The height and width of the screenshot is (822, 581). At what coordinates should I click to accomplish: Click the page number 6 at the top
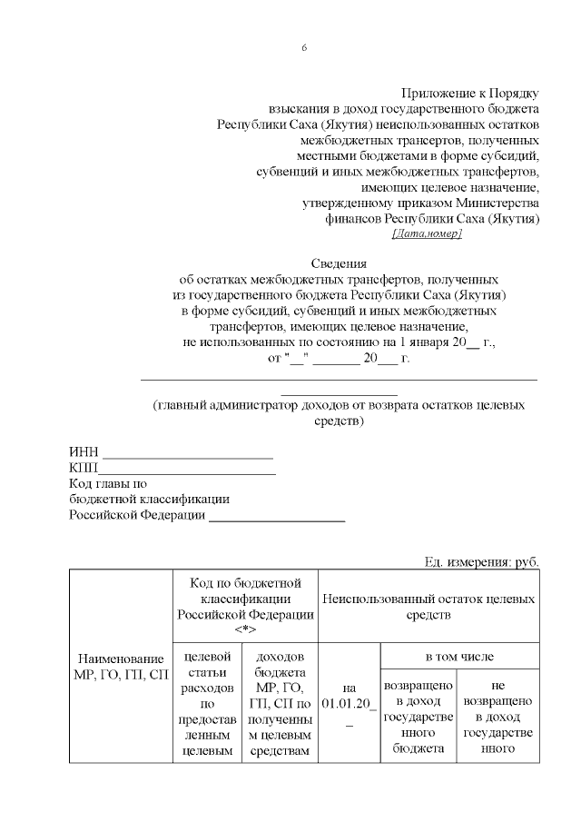pyautogui.click(x=304, y=47)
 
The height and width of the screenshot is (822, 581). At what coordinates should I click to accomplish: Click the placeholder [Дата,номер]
pyautogui.click(x=426, y=234)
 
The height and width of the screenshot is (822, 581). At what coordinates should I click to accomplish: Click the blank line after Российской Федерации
pyautogui.click(x=277, y=520)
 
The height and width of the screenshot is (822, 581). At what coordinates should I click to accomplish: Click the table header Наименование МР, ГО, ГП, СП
pyautogui.click(x=122, y=666)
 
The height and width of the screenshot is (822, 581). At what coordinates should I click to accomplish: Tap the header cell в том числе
pyautogui.click(x=460, y=656)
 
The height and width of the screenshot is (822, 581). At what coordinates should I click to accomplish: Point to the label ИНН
pyautogui.click(x=84, y=452)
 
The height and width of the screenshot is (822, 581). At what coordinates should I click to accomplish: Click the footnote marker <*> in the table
pyautogui.click(x=246, y=629)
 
